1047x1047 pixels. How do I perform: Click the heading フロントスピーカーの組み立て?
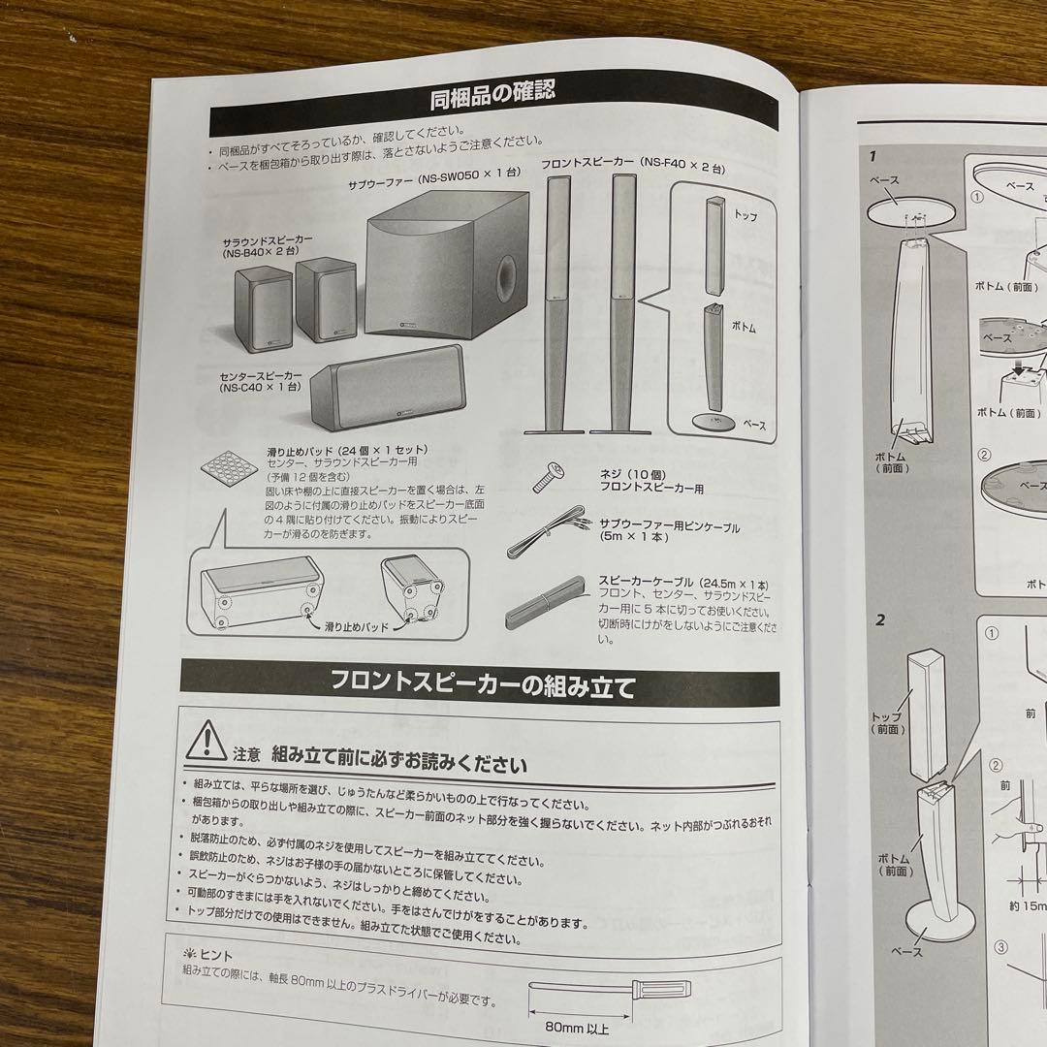(482, 687)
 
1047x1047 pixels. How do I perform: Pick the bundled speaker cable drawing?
(547, 608)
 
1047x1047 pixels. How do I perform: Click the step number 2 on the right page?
(880, 620)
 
